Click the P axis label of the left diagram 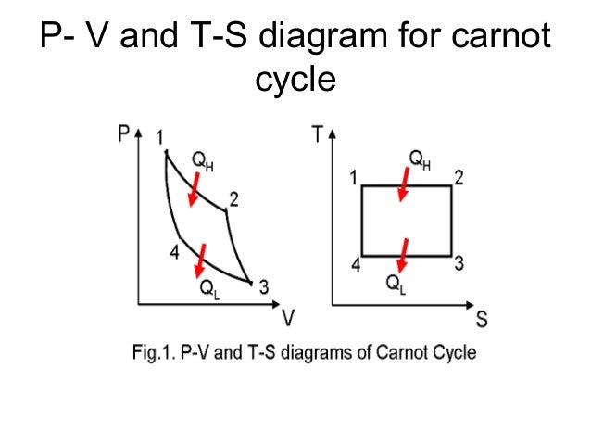(124, 133)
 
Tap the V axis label (289, 320)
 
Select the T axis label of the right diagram (318, 134)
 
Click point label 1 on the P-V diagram (160, 137)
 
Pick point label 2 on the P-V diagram (234, 198)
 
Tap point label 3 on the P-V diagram (264, 287)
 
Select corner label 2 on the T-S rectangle (459, 176)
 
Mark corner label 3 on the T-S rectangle (459, 264)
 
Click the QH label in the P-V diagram (202, 162)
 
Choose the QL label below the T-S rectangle (396, 283)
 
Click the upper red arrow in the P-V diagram (195, 192)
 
